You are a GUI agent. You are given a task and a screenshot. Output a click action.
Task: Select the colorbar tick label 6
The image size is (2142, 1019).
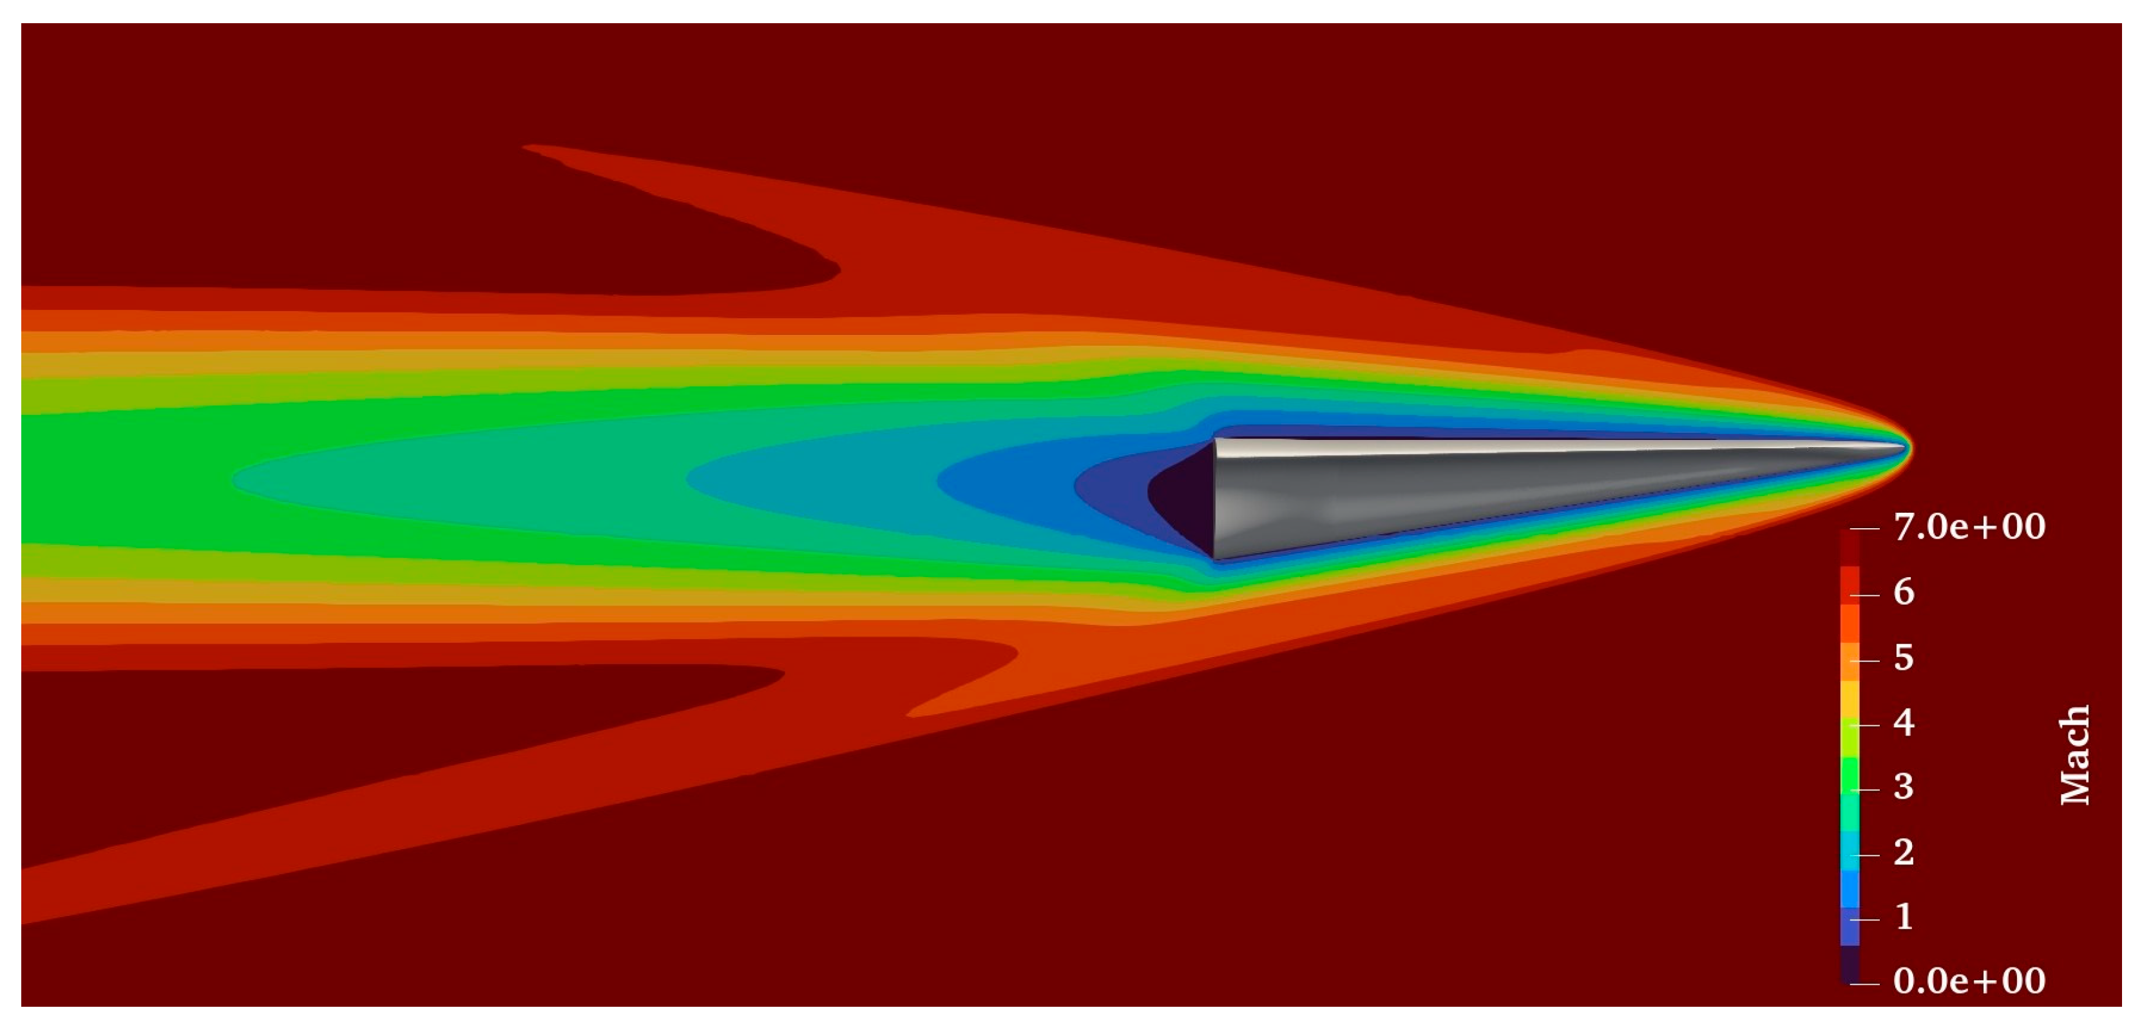click(x=1904, y=593)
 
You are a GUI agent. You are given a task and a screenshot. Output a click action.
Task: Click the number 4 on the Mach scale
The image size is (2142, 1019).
click(x=1904, y=722)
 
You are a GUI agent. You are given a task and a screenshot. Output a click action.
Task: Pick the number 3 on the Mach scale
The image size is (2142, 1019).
click(x=1904, y=786)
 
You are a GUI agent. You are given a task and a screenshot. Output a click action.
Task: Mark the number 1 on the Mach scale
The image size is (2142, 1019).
click(x=1904, y=916)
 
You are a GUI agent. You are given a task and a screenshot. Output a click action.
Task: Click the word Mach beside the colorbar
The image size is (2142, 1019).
click(x=2074, y=755)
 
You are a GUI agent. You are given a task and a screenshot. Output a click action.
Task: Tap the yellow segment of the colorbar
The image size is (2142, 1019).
click(x=1850, y=700)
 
